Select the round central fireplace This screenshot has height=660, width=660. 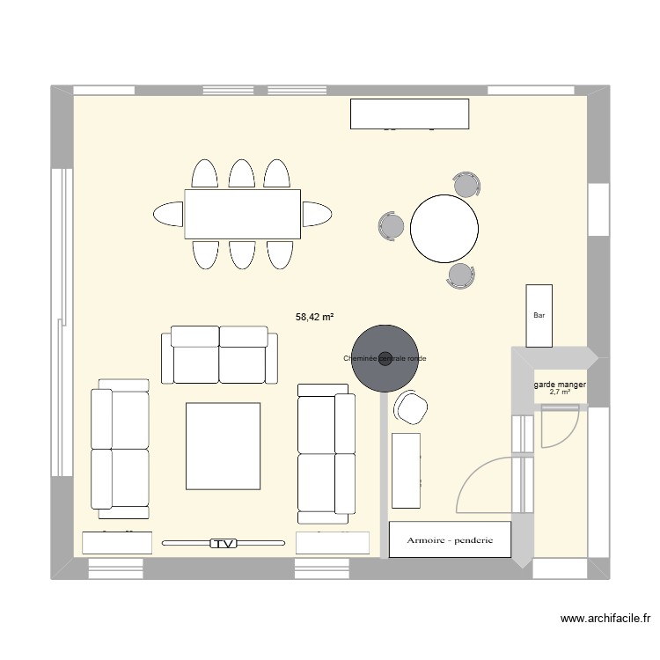tap(385, 357)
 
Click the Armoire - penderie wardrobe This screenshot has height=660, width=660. tap(450, 539)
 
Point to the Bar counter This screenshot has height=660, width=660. tap(539, 315)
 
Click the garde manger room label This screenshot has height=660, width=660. tap(560, 385)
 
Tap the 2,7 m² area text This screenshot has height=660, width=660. tap(560, 392)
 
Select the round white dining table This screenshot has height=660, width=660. tap(445, 228)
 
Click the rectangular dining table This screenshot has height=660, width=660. tap(243, 214)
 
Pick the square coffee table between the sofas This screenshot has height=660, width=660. tap(223, 446)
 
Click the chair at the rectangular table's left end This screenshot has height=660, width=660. tap(169, 214)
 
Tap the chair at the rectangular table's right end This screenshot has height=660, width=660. tap(317, 214)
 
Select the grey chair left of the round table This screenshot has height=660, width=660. tap(391, 226)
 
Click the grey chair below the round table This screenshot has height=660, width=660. tap(460, 275)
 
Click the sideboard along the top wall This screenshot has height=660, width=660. tap(409, 114)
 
